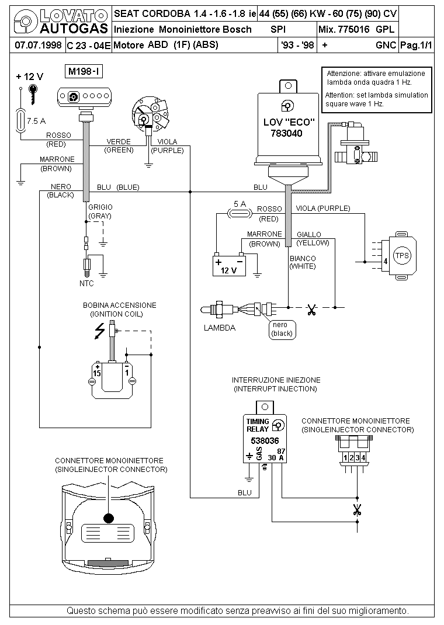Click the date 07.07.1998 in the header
[38, 45]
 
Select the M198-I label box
[84, 72]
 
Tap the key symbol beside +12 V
[33, 93]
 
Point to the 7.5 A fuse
[20, 120]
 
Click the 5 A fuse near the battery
[240, 214]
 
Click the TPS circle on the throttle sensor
[402, 255]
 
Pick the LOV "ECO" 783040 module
[288, 127]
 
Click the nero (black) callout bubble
[282, 329]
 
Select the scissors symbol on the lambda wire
[311, 310]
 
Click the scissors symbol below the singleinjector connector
[357, 509]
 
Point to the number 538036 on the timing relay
[265, 440]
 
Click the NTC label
[86, 283]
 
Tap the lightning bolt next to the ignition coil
[100, 331]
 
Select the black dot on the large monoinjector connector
[109, 518]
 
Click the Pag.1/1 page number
[416, 45]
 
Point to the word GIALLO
[309, 235]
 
